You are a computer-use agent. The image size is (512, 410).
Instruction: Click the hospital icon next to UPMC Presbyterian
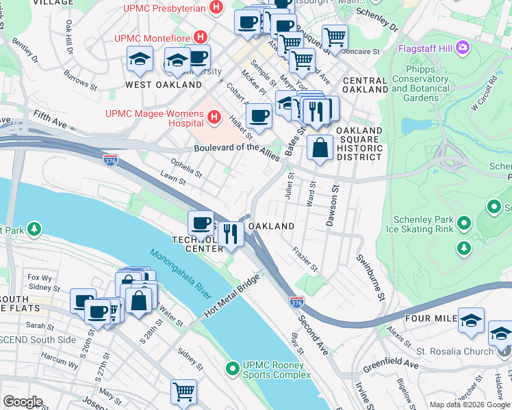pos(217,8)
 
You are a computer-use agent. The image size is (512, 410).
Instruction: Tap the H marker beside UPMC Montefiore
pos(201,36)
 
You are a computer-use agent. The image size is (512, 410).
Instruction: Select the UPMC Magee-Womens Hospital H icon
pos(215,118)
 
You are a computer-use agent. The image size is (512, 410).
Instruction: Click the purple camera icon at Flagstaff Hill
pos(463,48)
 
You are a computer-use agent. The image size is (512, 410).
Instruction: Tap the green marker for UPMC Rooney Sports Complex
pos(233,369)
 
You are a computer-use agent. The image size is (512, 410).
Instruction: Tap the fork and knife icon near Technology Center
pos(231,234)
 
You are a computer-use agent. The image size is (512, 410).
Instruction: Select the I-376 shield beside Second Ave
pos(296,301)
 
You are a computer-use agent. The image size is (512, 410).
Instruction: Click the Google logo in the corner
pos(22,402)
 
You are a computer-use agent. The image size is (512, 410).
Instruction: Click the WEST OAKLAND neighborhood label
pos(163,85)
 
